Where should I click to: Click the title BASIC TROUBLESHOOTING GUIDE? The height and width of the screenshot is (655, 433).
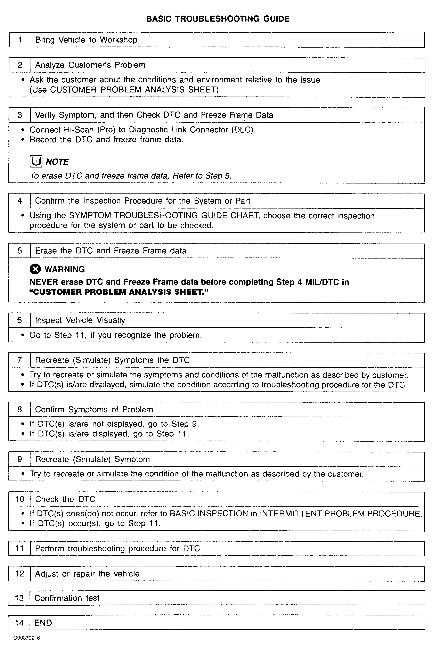218,19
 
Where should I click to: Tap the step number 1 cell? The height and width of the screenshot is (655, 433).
20,40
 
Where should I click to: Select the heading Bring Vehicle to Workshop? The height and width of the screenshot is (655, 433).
86,40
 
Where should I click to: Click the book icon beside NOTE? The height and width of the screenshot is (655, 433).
36,162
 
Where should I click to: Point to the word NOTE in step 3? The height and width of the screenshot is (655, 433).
57,162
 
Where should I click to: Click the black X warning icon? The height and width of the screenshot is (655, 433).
35,269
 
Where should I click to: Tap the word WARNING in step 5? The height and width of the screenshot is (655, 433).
65,269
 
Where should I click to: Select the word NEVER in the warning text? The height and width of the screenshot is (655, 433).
44,282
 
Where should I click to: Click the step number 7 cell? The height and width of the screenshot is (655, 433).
19,360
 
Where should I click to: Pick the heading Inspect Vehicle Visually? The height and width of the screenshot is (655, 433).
80,320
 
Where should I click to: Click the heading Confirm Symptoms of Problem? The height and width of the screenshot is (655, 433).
94,410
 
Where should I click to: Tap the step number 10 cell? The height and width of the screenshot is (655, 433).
20,499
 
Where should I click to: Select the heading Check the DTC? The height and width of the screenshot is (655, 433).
65,499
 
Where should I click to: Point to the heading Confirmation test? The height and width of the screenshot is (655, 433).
67,598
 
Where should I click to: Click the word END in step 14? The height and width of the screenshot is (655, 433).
43,623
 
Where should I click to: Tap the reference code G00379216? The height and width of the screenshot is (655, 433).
26,638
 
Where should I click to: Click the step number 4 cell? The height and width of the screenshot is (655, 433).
20,201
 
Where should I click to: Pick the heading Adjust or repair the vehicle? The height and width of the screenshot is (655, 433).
87,574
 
